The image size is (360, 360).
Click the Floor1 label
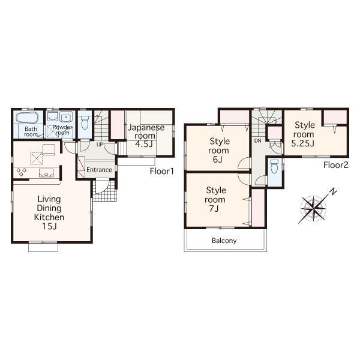[x=161, y=171]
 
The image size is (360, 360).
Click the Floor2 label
[x=336, y=164]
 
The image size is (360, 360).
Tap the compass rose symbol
[x=313, y=208]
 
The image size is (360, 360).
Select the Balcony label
[x=224, y=241]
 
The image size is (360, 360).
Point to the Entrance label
[x=99, y=170]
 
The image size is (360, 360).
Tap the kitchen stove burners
[x=22, y=172]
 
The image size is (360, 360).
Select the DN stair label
[x=257, y=141]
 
